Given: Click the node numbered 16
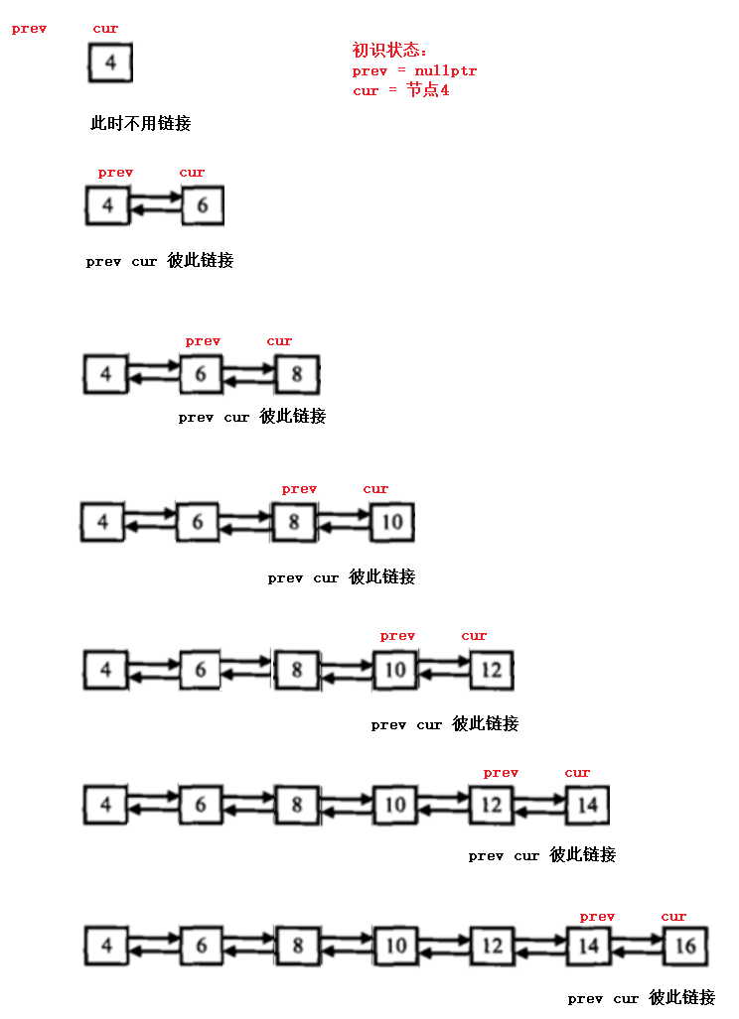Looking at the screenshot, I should point(685,946).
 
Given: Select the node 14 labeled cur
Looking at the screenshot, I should point(587,804).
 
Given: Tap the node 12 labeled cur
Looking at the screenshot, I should point(492,670).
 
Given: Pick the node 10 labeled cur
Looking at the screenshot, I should point(391,522).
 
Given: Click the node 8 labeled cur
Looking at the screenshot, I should point(296,375).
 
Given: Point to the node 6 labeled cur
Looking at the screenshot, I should point(203,206).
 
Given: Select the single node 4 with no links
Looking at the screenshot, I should point(110,64).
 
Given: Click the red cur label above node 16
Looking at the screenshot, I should point(673,917).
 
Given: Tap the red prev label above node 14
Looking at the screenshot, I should point(597,917).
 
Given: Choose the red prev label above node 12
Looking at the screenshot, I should point(501,773).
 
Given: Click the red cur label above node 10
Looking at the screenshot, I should point(375,488).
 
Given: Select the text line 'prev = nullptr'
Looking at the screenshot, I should point(414,70).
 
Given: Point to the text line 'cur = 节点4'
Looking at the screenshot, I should point(400,90).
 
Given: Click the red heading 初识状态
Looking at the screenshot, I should point(390,51).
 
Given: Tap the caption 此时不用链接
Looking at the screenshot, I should point(140,124).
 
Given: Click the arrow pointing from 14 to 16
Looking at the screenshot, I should point(638,938).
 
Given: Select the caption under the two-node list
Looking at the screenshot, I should point(160,261).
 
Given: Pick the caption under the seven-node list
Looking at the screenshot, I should point(642,998).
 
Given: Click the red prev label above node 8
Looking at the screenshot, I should point(299,488).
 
